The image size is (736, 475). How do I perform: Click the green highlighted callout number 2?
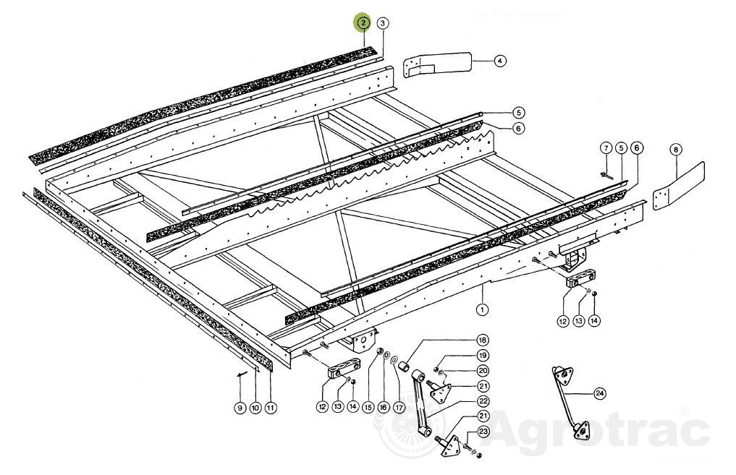click(x=363, y=22)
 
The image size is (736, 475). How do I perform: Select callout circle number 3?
click(x=383, y=23)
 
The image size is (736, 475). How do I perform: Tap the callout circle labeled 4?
click(x=500, y=61)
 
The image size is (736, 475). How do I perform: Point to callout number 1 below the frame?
click(x=482, y=309)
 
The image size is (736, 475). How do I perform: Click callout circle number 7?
click(x=606, y=149)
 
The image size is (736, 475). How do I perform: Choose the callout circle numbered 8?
click(x=675, y=150)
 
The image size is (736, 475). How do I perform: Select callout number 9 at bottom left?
click(x=240, y=408)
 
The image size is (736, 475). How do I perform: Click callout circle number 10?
click(x=255, y=408)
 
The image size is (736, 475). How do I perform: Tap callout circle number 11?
click(x=270, y=408)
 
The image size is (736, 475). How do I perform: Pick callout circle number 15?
click(x=368, y=408)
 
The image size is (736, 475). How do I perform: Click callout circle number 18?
click(x=482, y=340)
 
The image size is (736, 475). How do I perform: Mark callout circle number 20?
click(x=483, y=371)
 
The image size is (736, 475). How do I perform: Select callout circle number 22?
click(x=483, y=401)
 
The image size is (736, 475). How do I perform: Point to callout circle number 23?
click(x=483, y=432)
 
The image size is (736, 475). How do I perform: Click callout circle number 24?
click(x=599, y=394)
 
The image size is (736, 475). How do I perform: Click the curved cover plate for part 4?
click(x=437, y=64)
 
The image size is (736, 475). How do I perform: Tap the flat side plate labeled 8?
click(x=680, y=184)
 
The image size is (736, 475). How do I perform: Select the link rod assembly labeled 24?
click(x=569, y=402)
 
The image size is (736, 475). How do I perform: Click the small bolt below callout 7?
click(x=605, y=176)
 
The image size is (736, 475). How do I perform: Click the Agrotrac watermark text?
click(x=599, y=430)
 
